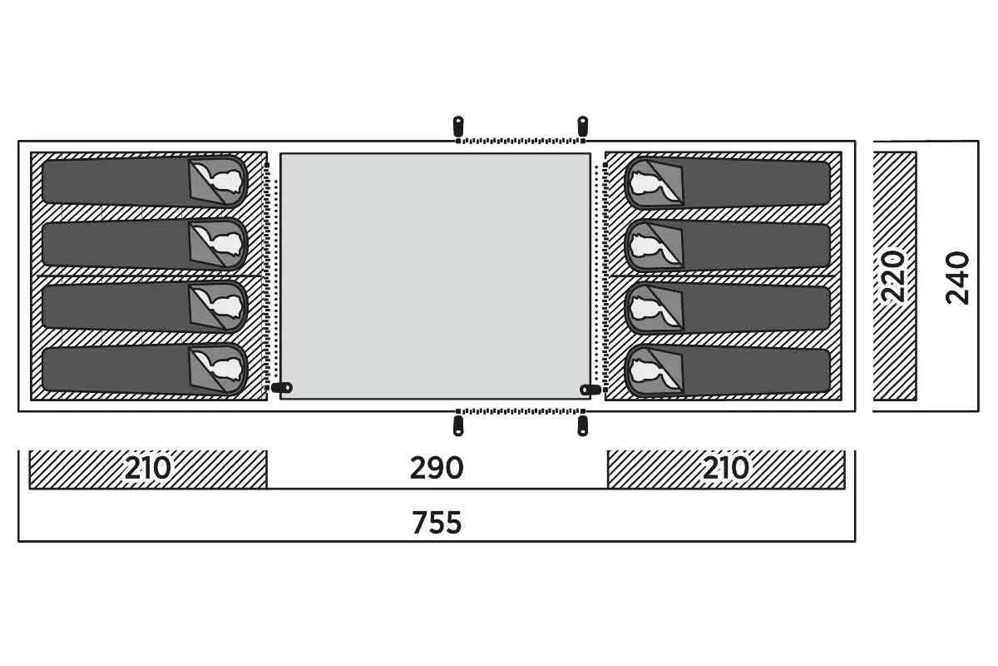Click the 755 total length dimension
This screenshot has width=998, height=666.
point(437,522)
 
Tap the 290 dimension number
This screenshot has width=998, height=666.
point(437,468)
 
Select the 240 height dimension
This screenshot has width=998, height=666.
point(957,278)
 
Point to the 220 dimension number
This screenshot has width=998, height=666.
point(894,277)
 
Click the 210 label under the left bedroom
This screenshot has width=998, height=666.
point(147,468)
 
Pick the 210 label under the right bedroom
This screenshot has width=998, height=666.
point(726,468)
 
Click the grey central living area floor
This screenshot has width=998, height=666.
point(435,276)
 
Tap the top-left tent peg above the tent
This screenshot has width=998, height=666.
point(458,126)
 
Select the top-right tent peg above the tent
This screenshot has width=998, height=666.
point(582,126)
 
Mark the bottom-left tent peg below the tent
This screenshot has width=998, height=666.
point(458,425)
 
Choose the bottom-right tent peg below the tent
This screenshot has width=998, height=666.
point(582,425)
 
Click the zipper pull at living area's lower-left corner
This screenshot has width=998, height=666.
point(282,387)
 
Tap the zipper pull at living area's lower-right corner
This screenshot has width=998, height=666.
point(590,390)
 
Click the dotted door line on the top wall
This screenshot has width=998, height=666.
point(521,141)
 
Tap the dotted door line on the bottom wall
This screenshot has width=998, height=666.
point(521,411)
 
